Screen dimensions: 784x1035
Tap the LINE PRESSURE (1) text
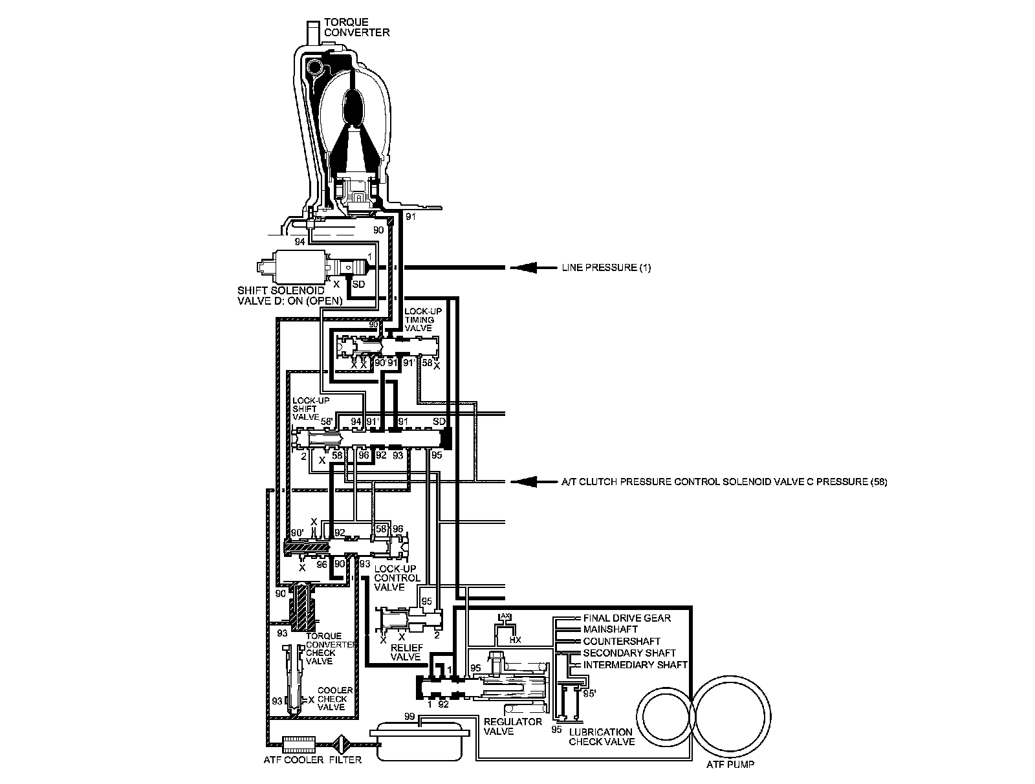pos(606,267)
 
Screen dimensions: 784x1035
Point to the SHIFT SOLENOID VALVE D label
pos(281,295)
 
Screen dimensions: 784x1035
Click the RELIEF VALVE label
pos(406,652)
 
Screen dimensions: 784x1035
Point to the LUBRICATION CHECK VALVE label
pos(601,737)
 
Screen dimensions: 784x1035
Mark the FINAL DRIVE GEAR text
pos(626,618)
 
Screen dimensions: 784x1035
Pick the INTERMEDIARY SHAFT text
pos(635,665)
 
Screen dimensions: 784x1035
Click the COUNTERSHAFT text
pos(621,641)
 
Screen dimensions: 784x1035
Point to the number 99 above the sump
pos(409,717)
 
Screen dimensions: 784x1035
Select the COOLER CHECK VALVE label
pos(335,699)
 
